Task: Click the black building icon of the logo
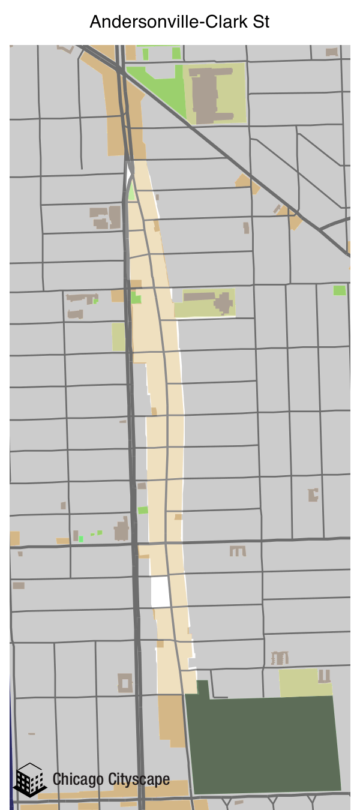[29, 780]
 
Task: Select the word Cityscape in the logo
[139, 780]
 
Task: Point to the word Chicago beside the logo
[79, 780]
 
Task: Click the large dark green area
[264, 744]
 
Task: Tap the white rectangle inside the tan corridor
[160, 592]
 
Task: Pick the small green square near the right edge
[340, 290]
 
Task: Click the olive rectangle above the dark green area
[298, 683]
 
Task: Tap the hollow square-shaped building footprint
[125, 683]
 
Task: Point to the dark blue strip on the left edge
[11, 750]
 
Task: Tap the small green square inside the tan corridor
[136, 298]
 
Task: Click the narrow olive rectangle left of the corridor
[118, 337]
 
